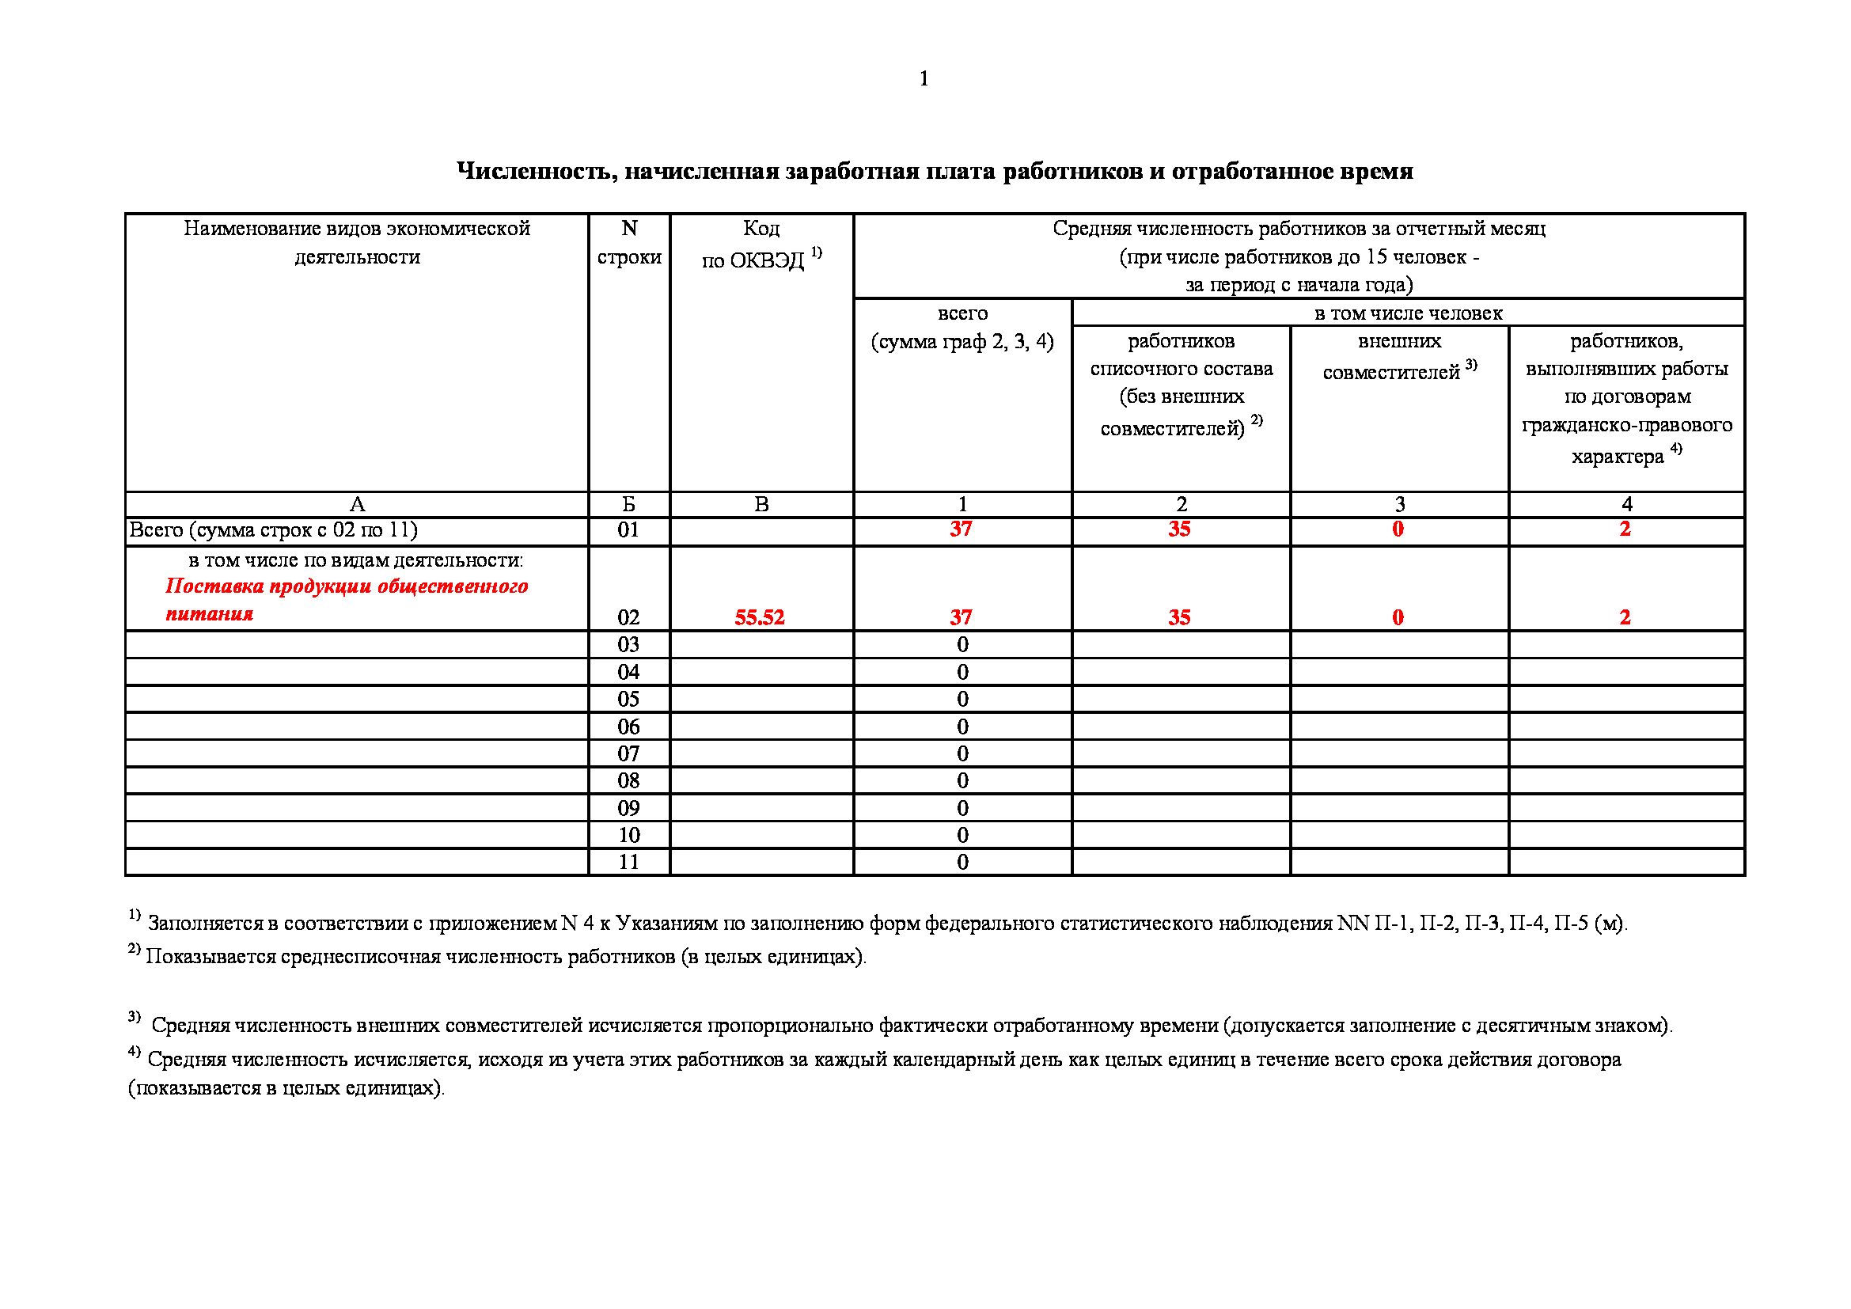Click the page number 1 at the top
click(924, 79)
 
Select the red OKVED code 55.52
click(760, 617)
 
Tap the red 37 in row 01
click(961, 529)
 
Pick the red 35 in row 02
click(1179, 617)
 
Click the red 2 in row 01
click(1625, 529)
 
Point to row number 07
click(629, 753)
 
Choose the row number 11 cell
click(629, 862)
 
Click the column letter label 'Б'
click(629, 505)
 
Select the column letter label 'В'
click(761, 505)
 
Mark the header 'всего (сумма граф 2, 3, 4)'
click(962, 328)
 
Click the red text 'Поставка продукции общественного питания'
click(347, 600)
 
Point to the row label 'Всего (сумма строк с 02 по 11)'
click(274, 530)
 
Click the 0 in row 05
click(962, 699)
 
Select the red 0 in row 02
click(1398, 617)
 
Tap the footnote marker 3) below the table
click(134, 1017)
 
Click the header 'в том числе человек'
click(1408, 313)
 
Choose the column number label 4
click(1626, 505)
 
